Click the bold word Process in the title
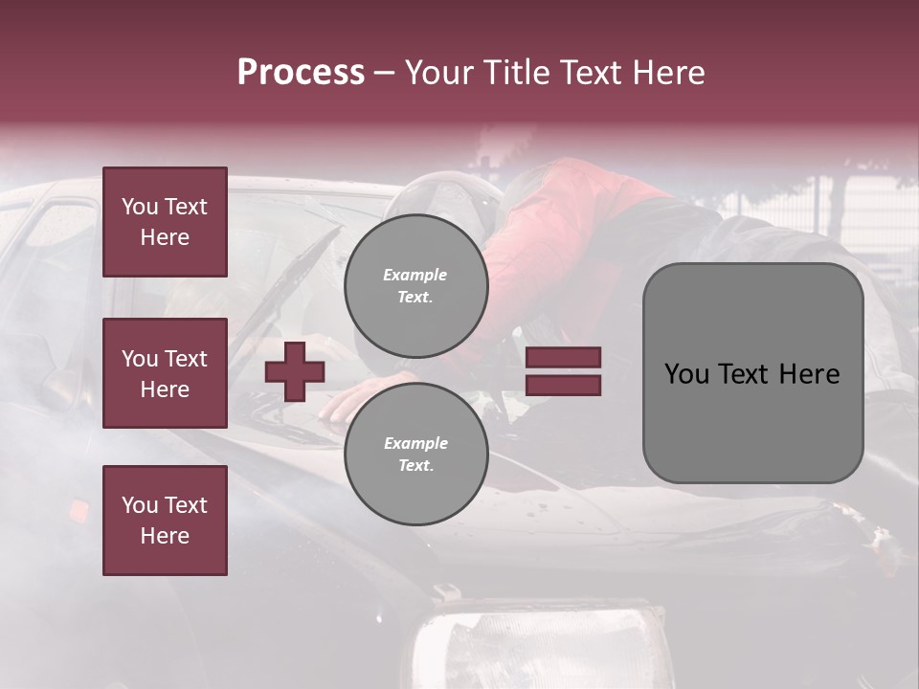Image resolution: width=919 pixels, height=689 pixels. click(x=301, y=73)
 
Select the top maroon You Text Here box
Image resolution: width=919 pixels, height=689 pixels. click(x=165, y=222)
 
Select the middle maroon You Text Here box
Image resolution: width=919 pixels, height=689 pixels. click(x=165, y=373)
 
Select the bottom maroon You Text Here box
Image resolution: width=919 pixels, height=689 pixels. click(x=165, y=521)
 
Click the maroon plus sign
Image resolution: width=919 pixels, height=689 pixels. click(x=295, y=372)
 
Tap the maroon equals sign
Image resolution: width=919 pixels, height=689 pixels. click(x=563, y=371)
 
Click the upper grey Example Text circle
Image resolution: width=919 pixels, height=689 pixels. click(x=415, y=286)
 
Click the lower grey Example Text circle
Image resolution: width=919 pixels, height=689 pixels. click(x=415, y=455)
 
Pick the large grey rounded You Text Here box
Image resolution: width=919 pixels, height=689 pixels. click(x=752, y=373)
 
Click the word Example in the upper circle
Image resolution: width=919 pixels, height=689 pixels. click(x=415, y=275)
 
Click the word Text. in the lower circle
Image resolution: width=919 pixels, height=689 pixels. click(x=415, y=466)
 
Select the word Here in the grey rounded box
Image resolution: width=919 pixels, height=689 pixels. click(x=809, y=374)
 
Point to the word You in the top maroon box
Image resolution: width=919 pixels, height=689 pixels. click(x=139, y=207)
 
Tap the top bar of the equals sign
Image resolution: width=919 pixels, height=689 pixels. click(x=563, y=358)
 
